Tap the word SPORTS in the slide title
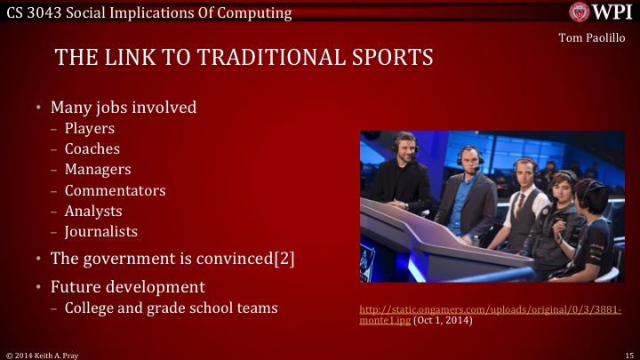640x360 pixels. [x=388, y=58]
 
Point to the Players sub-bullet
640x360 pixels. [x=89, y=129]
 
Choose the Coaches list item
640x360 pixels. [x=92, y=148]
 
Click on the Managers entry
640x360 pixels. [x=98, y=169]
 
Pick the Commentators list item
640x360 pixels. [x=115, y=190]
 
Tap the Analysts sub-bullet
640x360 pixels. [x=93, y=211]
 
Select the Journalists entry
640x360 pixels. [x=100, y=231]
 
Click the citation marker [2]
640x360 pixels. [x=283, y=259]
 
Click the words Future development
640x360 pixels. [x=127, y=287]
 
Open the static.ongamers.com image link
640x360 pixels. [x=489, y=309]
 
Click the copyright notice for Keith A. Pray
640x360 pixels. [x=44, y=354]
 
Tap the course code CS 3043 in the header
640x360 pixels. [x=32, y=11]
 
